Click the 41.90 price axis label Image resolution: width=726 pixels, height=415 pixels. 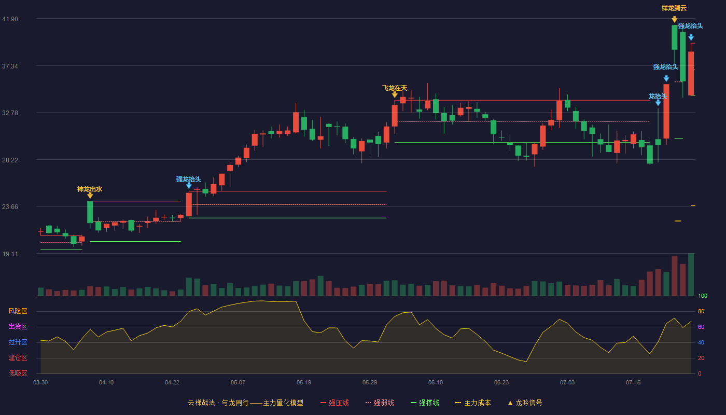point(10,19)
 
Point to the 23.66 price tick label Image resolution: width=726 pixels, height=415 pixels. point(10,206)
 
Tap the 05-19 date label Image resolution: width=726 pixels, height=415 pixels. point(304,382)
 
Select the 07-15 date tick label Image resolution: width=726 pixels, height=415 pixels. point(633,382)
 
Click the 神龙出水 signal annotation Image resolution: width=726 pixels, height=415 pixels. point(90,189)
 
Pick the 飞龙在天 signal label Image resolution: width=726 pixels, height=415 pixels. point(395,88)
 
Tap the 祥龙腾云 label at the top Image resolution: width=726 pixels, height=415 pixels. point(674,8)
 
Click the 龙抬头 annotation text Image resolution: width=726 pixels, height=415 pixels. point(658,96)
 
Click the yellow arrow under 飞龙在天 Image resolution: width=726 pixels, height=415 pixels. point(395,94)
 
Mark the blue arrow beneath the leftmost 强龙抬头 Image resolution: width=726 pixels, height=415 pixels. point(189,186)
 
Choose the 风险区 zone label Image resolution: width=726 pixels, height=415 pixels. point(18,311)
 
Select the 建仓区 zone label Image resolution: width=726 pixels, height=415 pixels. point(18,357)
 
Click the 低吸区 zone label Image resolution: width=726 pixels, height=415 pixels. point(18,373)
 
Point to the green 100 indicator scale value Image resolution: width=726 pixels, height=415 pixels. point(703,296)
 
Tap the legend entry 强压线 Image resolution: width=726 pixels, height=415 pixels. point(335,403)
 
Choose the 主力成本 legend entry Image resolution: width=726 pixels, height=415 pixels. point(473,403)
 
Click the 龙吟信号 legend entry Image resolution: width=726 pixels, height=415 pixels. point(525,403)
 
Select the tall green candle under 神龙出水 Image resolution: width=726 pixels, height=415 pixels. point(90,212)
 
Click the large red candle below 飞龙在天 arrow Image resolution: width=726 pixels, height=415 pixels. point(395,116)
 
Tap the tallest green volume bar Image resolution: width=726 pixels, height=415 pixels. point(691,274)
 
